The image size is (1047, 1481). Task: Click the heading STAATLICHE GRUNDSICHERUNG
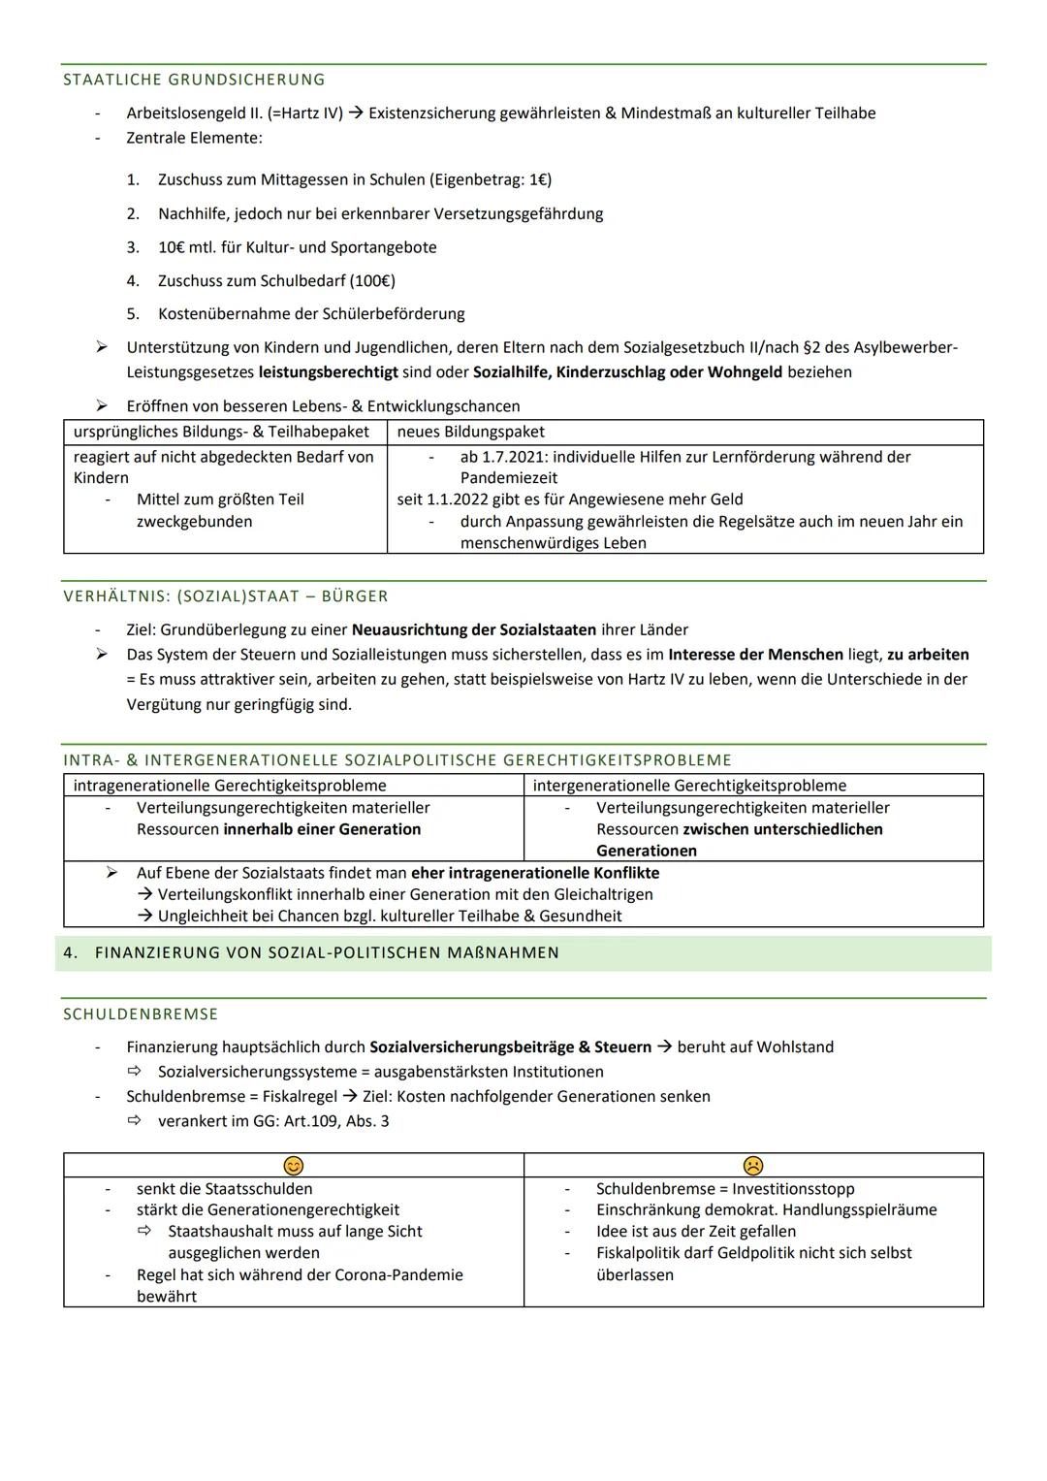click(x=194, y=80)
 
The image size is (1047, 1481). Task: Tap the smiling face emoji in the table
click(x=293, y=1165)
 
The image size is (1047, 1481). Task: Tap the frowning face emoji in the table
click(x=752, y=1165)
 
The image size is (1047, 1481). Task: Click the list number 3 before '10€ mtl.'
click(x=133, y=247)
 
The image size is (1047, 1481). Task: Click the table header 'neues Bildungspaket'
click(x=470, y=432)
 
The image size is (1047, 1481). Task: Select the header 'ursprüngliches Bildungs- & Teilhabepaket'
click(x=221, y=432)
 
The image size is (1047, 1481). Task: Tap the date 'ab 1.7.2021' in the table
click(x=503, y=457)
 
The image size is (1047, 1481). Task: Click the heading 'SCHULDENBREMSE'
click(x=141, y=1014)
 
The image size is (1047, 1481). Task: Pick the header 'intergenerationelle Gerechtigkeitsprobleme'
click(x=689, y=786)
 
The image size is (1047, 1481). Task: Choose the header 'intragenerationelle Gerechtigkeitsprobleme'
click(x=230, y=786)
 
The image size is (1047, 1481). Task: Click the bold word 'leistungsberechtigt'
click(x=328, y=372)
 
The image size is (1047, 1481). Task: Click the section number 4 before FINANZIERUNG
click(x=69, y=952)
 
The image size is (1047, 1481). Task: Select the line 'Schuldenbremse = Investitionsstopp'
click(x=725, y=1189)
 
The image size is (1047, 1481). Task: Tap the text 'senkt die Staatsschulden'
click(x=224, y=1189)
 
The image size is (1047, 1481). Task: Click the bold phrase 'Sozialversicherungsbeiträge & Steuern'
click(x=510, y=1047)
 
